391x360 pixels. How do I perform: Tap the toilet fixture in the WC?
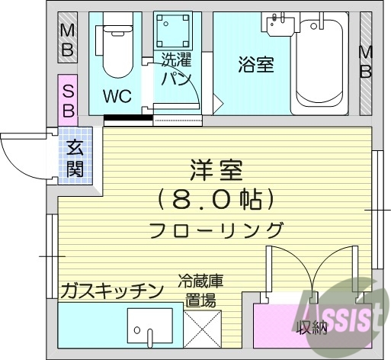(x=116, y=52)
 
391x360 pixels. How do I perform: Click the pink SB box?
(x=67, y=99)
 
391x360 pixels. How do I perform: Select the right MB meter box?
(x=366, y=62)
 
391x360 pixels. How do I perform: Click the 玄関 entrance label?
(x=75, y=157)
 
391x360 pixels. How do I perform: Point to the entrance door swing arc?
(x=21, y=156)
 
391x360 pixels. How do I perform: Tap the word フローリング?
(x=216, y=230)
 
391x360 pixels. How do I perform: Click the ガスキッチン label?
(x=111, y=290)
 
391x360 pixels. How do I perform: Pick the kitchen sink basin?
(x=152, y=328)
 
